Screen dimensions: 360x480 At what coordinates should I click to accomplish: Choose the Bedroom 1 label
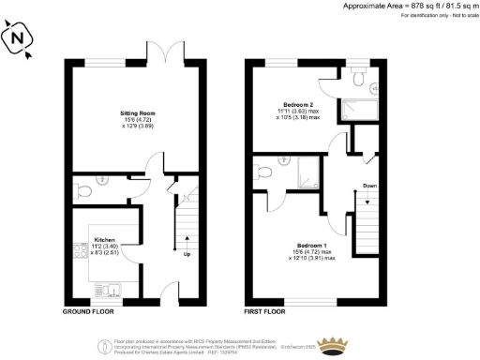click(x=306, y=249)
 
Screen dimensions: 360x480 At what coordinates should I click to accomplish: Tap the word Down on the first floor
click(x=369, y=186)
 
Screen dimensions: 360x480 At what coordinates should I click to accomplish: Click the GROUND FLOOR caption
click(x=88, y=310)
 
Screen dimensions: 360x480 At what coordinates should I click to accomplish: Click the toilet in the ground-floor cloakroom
click(x=85, y=190)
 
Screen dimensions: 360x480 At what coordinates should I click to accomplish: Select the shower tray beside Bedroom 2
click(x=359, y=107)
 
